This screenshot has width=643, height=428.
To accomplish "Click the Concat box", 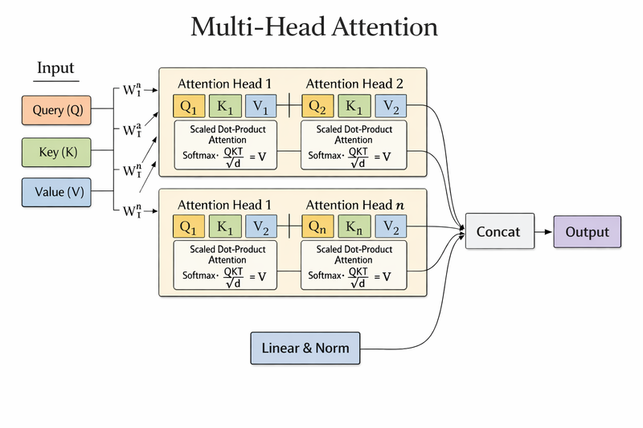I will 498,232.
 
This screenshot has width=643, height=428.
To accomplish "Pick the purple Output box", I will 587,232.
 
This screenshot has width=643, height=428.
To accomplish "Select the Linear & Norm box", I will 305,348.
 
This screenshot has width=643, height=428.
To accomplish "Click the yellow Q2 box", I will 317,106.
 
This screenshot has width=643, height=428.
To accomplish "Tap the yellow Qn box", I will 317,226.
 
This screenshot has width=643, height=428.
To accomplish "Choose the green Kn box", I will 354,226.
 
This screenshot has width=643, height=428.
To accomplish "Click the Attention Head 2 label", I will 355,84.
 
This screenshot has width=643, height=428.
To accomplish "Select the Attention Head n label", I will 355,205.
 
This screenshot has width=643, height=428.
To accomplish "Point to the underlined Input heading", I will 55,68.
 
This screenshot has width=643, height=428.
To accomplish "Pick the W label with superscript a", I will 132,130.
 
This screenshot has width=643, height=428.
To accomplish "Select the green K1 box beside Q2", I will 354,106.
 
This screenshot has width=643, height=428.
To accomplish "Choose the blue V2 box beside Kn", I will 391,226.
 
